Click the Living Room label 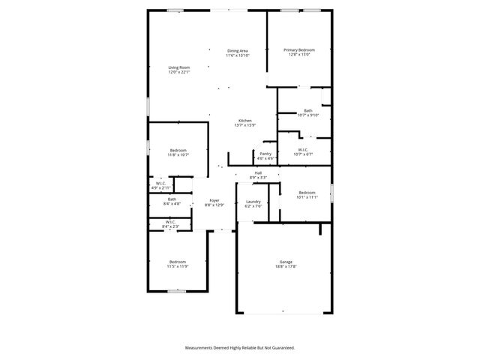coord(178,67)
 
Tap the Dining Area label coord(237,50)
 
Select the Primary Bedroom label coord(298,50)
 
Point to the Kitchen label coord(244,121)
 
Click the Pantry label coord(265,154)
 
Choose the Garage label coord(286,262)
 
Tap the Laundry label coord(253,201)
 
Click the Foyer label coord(214,200)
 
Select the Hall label coord(258,172)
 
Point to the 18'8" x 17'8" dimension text coord(286,266)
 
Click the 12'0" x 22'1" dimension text coord(178,72)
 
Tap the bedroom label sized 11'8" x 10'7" coord(178,150)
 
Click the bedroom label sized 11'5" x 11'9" coord(178,261)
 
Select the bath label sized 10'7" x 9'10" coord(308,111)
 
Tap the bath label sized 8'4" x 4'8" coord(172,199)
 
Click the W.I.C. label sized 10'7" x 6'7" coord(303,149)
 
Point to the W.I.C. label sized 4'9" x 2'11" coord(161,183)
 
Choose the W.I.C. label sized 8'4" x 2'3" coord(170,221)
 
